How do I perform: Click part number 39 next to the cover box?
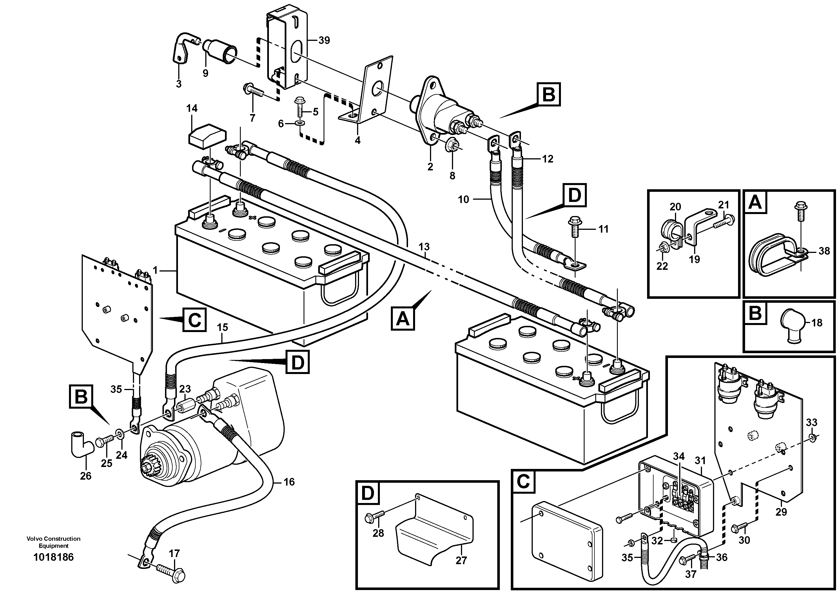tap(324, 40)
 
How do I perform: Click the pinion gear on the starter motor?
tap(149, 467)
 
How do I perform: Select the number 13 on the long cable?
tap(424, 247)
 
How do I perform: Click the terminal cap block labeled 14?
tap(207, 136)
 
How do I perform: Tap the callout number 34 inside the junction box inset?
tap(679, 457)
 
